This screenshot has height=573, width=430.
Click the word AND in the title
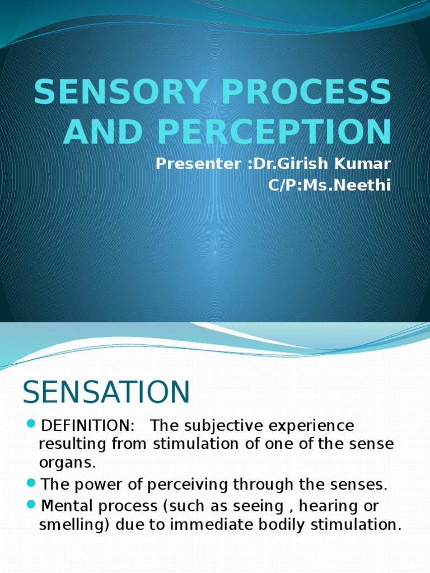tap(101, 132)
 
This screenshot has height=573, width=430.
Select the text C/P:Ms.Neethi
tap(330, 185)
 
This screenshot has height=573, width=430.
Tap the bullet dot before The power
tap(31, 482)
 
